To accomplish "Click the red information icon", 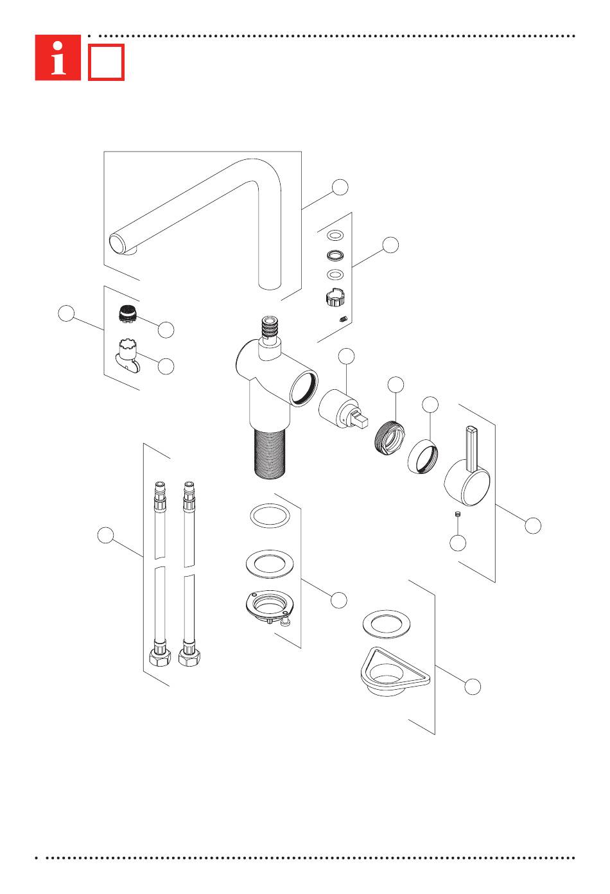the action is [58, 58].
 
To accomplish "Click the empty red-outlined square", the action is [106, 62].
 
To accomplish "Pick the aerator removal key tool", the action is [128, 355].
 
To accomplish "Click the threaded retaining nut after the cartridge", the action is [390, 437].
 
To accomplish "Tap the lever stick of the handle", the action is [471, 448].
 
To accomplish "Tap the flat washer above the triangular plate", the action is [387, 624].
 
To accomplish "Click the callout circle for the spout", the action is [340, 187].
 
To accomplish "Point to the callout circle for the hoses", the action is [105, 535].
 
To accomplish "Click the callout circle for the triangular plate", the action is [473, 687].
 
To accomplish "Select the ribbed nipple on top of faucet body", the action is [270, 327].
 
